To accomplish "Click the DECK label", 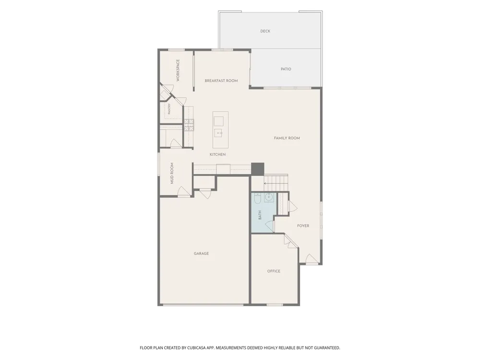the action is (x=265, y=31).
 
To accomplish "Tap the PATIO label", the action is (x=286, y=69).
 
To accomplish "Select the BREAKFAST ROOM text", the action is (x=221, y=81).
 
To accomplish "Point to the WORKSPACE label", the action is (x=178, y=71).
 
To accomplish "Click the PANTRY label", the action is (x=169, y=109).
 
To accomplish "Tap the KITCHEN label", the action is (x=217, y=155).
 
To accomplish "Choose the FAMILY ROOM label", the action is (x=287, y=138).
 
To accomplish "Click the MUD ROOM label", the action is (x=172, y=173).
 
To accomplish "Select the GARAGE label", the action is (x=201, y=253).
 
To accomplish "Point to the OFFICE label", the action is (x=274, y=271).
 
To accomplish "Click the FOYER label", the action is (x=303, y=226).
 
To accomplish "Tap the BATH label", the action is (x=260, y=215).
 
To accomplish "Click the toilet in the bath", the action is (x=257, y=199).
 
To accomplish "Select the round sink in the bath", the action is (x=269, y=197).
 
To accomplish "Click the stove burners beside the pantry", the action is (x=189, y=125).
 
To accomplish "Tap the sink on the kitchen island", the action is (x=218, y=133).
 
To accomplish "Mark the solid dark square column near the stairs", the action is (x=257, y=169).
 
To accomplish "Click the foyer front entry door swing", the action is (x=312, y=259).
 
